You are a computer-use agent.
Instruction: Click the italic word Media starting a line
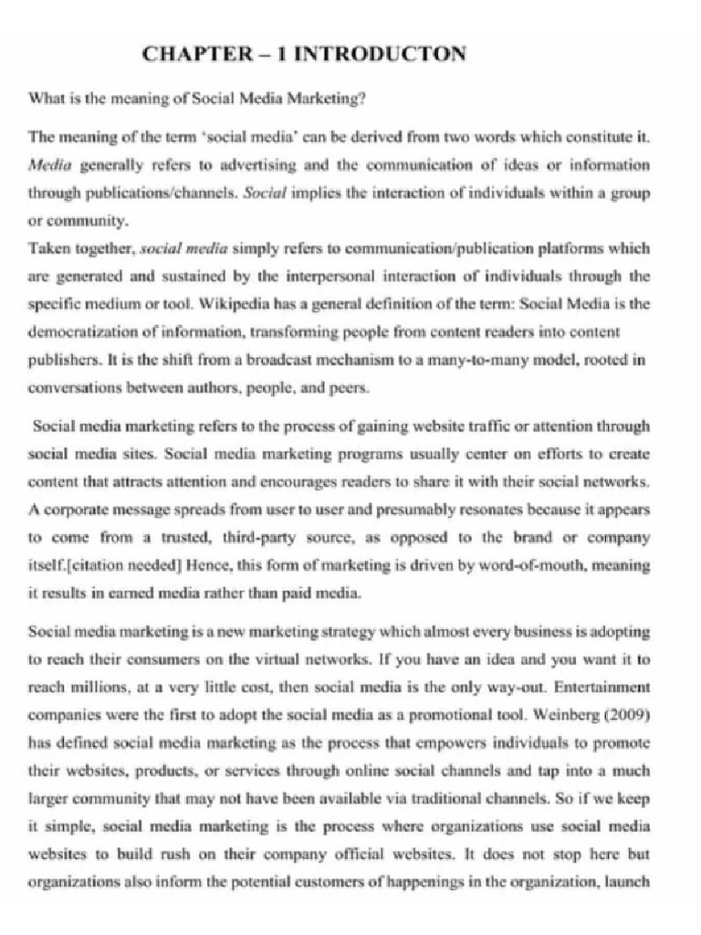pyautogui.click(x=49, y=165)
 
